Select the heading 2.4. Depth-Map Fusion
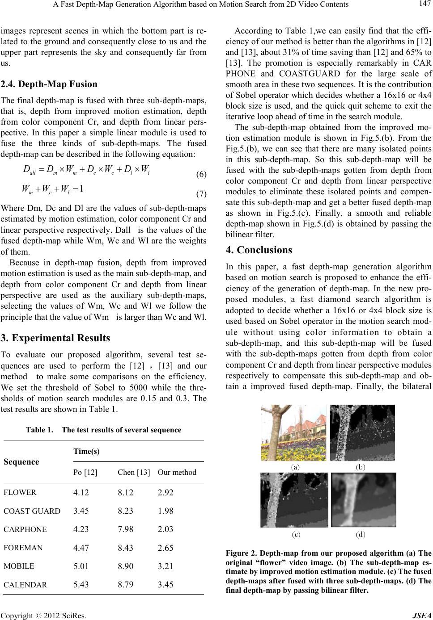[49, 84]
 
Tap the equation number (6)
[201, 174]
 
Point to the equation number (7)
[201, 194]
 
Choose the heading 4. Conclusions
[264, 250]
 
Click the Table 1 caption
[103, 430]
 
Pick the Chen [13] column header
[133, 472]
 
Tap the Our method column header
[177, 472]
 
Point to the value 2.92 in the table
[166, 493]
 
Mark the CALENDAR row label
[25, 584]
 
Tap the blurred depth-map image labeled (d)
[363, 500]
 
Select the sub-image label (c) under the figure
[296, 534]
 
